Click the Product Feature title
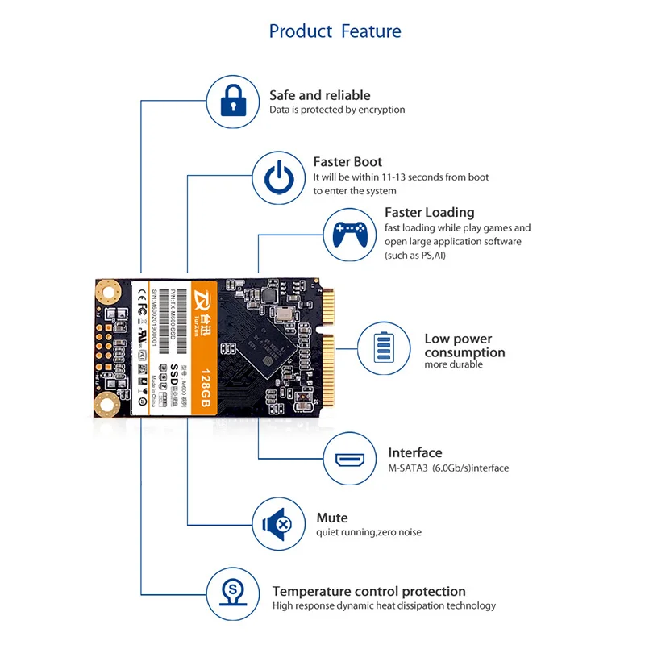click(335, 31)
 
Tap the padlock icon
click(233, 102)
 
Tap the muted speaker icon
click(279, 523)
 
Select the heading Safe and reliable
click(320, 95)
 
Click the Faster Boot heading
click(347, 161)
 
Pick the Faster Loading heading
click(429, 212)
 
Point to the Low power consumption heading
click(464, 346)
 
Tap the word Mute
click(332, 518)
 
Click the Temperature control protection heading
click(368, 591)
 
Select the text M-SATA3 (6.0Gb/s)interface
click(448, 468)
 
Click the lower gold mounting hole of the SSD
click(106, 404)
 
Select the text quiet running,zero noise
click(368, 532)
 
